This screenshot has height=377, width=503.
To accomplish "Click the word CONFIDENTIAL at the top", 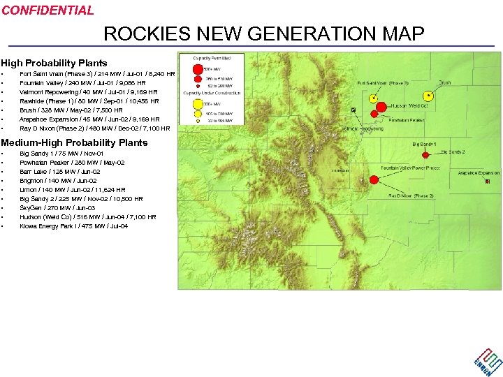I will point(48,10).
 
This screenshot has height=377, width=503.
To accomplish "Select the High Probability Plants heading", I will point(54,63).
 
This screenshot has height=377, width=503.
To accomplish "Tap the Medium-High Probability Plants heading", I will point(74,142).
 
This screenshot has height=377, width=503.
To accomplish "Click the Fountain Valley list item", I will point(82,82).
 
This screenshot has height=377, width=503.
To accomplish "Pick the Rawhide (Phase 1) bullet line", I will point(89,101).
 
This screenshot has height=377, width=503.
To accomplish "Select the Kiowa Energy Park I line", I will point(73,226).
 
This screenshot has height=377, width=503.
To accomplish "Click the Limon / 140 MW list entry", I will point(73,190).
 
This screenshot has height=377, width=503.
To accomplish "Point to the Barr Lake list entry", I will point(59,172).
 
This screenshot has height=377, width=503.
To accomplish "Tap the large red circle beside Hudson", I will point(381,108).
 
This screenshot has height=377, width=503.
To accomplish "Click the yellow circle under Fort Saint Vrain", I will point(374,98).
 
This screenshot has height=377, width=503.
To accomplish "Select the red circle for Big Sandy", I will point(425,155).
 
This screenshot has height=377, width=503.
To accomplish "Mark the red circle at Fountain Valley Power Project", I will point(373,179).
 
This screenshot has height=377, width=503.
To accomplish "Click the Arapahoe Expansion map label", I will point(479,172).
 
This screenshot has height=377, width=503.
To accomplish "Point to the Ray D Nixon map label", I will point(411,196).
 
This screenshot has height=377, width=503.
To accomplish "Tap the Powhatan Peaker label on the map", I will point(406,120).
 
